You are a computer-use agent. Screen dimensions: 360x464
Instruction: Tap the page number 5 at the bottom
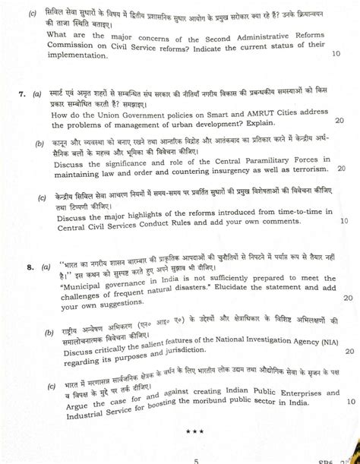tap(196, 459)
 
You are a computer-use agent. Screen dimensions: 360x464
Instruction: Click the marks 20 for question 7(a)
tap(339, 119)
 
